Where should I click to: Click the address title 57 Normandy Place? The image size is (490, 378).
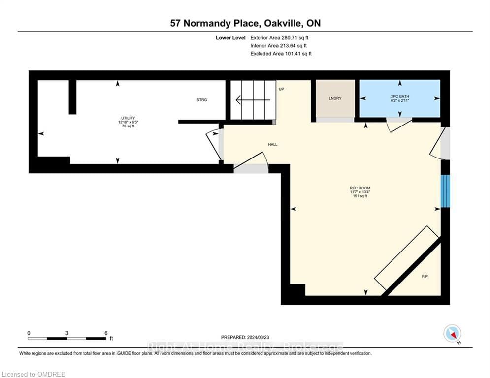coord(245,23)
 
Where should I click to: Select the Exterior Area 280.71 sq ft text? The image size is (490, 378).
coord(279,37)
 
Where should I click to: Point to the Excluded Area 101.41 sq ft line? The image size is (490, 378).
coord(281,54)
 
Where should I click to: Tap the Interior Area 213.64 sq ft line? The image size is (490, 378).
coord(279,45)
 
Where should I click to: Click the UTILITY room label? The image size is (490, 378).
coord(128,118)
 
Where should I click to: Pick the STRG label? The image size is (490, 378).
coord(202,100)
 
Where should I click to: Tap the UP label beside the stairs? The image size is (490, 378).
coord(282,89)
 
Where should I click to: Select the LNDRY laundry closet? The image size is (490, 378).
coord(335,98)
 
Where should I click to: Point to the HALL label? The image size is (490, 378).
coord(272,144)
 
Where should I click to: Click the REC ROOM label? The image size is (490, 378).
coord(359,188)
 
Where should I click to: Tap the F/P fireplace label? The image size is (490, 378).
coord(425,277)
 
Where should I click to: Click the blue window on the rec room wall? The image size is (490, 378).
coord(445,191)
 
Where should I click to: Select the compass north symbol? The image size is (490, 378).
coord(451,334)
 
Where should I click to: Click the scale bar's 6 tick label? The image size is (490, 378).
coord(106,333)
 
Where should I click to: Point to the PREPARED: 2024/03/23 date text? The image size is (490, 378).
coord(245,337)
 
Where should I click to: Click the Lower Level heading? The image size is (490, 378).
coord(229,37)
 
